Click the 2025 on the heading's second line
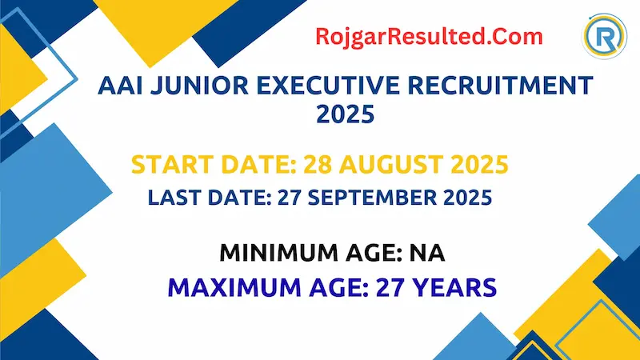[345, 116]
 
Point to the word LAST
[173, 198]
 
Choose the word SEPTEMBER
[382, 198]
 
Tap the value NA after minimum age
[429, 254]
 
